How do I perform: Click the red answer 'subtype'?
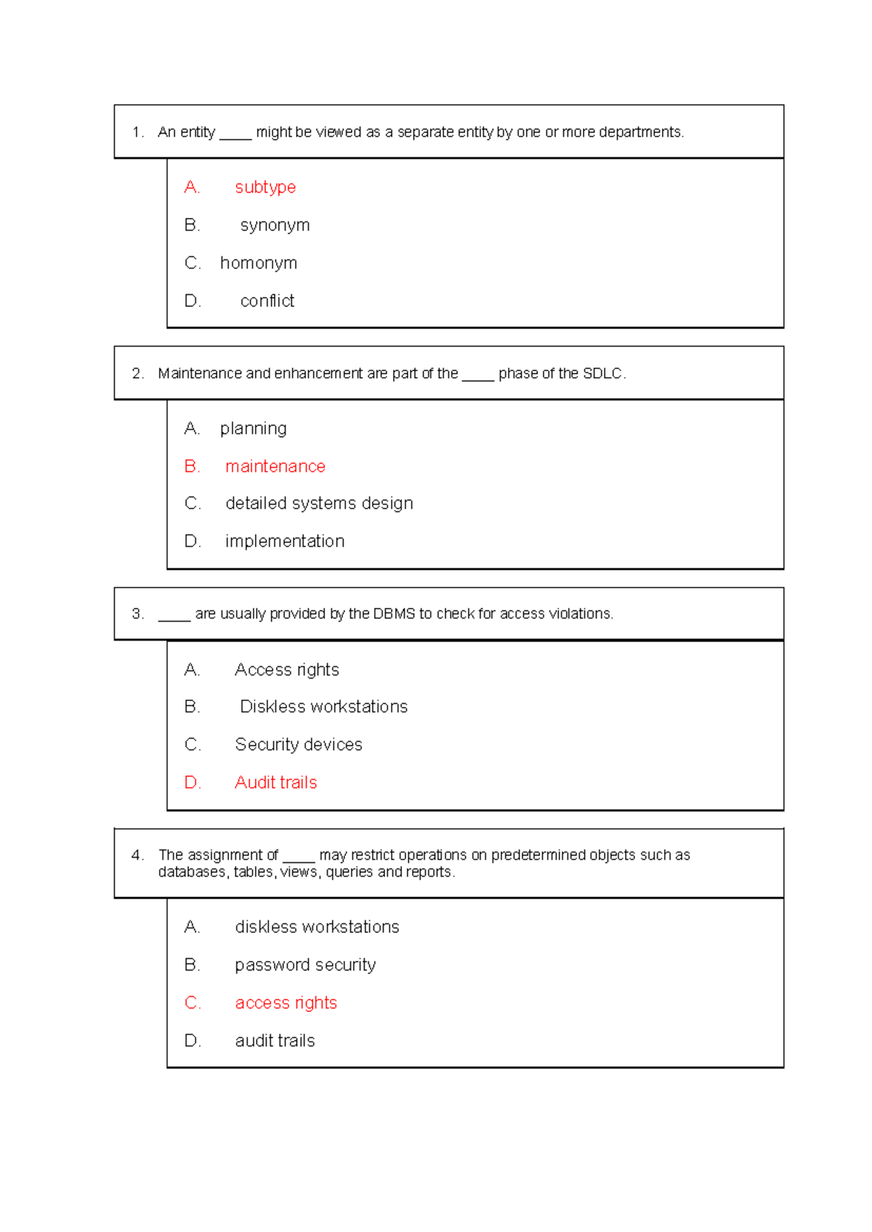[265, 187]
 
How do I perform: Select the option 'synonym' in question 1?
[275, 225]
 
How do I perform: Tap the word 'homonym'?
[259, 263]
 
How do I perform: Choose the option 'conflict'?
[267, 301]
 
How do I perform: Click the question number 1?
[137, 132]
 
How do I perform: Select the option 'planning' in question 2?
[253, 429]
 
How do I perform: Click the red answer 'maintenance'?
[275, 466]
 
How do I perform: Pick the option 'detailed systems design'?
[319, 503]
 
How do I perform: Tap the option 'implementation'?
[284, 541]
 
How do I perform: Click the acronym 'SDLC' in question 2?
[602, 373]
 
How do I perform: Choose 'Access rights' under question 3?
[286, 670]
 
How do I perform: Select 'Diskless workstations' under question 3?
[323, 707]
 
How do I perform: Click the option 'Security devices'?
[298, 745]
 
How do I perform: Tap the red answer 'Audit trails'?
[275, 782]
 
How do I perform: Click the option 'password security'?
[305, 965]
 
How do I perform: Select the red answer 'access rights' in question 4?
[286, 1003]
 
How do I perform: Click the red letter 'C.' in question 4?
[193, 1003]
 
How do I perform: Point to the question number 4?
[137, 855]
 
